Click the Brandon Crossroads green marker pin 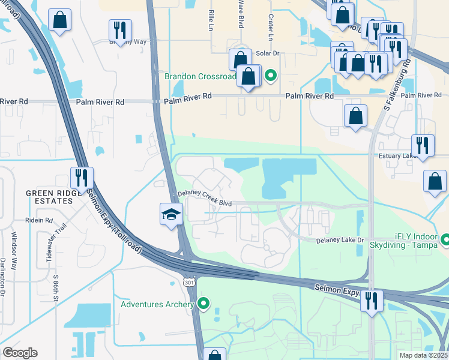pyautogui.click(x=271, y=75)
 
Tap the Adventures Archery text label pyautogui.click(x=158, y=304)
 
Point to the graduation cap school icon pyautogui.click(x=171, y=214)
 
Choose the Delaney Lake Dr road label pyautogui.click(x=340, y=240)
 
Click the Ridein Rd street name pyautogui.click(x=40, y=220)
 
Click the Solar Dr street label pyautogui.click(x=268, y=53)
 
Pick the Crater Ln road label pyautogui.click(x=271, y=29)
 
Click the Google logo pyautogui.click(x=20, y=353)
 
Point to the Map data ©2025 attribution pyautogui.click(x=424, y=355)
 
